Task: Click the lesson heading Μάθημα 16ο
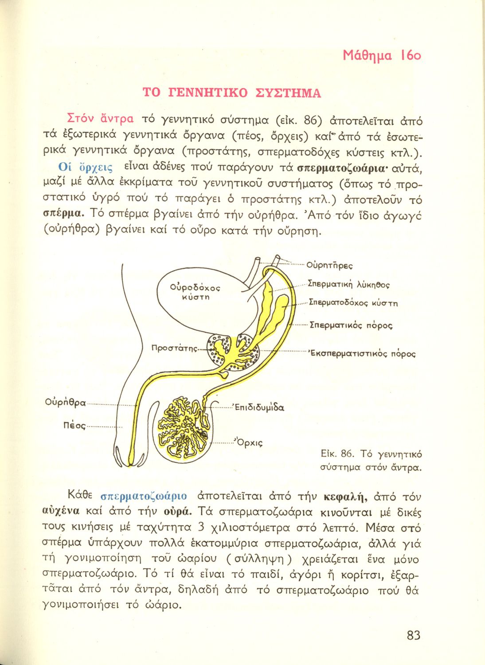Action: [382, 55]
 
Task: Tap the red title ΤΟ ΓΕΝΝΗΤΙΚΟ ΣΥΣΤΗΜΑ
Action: [231, 93]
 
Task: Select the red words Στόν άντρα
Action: [100, 118]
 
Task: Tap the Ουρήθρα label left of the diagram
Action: [65, 403]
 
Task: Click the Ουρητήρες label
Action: [329, 266]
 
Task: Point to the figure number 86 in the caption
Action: [346, 454]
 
